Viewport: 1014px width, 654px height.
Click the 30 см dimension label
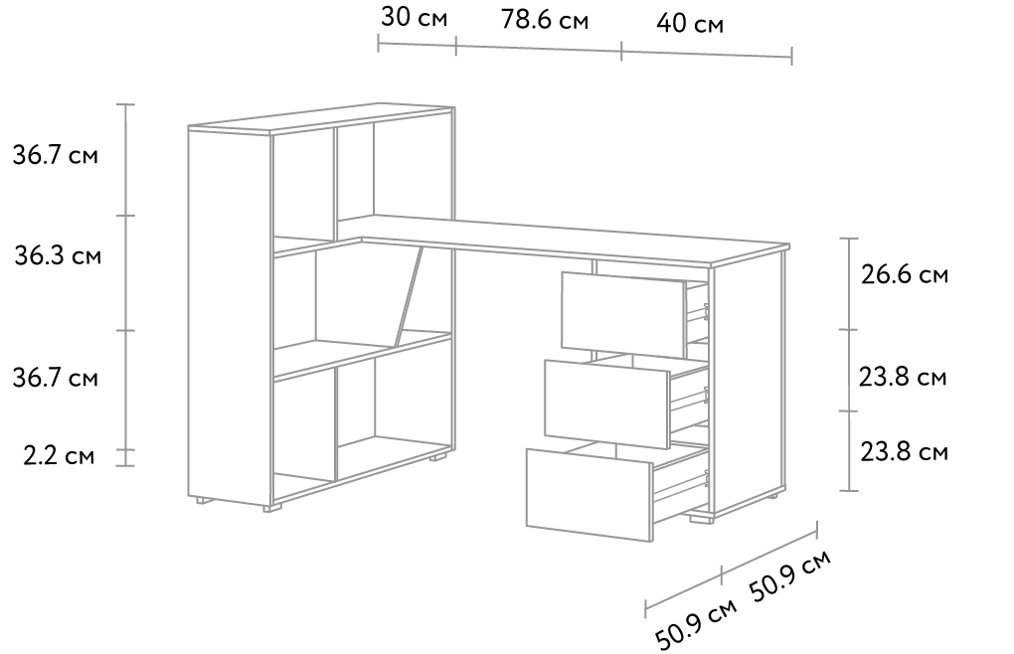point(414,18)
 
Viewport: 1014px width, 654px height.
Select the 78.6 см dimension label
point(545,20)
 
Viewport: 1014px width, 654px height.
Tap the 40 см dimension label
point(689,24)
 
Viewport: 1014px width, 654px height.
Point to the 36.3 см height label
point(58,255)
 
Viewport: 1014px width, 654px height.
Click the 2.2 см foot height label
point(59,455)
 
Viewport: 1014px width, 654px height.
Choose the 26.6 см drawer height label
point(904,274)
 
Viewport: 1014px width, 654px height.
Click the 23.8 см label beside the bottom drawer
point(904,451)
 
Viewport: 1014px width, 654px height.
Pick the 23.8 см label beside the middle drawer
point(902,376)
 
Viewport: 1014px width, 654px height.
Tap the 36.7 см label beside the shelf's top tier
point(56,155)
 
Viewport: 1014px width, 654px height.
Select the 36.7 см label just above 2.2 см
point(56,378)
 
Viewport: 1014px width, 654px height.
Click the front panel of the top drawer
point(623,315)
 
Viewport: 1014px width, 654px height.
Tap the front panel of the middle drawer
point(606,404)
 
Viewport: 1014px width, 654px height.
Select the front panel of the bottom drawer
point(590,495)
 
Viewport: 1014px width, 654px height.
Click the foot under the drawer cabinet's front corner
point(701,518)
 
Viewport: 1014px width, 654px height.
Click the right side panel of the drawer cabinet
point(749,387)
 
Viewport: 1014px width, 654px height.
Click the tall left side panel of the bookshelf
point(230,315)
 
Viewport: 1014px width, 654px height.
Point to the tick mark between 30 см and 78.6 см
point(456,46)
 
